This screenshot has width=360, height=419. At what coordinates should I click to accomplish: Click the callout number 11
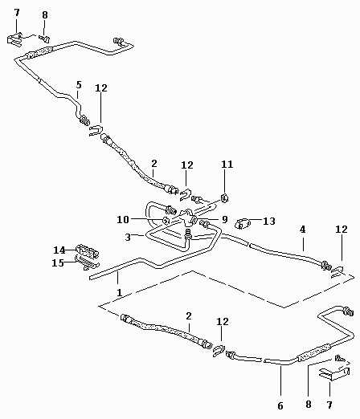227,164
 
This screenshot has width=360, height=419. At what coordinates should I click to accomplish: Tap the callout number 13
269,221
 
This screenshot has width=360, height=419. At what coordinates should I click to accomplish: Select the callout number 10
123,220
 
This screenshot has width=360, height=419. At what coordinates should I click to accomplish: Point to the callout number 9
224,219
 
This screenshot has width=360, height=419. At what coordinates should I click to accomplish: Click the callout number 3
128,237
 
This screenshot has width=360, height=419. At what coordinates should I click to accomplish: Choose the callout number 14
59,250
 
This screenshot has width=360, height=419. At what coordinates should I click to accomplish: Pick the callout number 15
58,262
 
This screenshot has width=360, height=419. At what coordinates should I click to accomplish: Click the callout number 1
120,292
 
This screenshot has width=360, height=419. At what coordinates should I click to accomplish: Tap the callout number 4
302,230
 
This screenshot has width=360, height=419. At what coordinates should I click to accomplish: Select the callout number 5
79,85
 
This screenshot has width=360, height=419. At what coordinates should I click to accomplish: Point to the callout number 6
280,406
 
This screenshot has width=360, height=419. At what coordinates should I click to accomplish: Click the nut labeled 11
224,198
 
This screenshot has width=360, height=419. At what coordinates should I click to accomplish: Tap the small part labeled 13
242,224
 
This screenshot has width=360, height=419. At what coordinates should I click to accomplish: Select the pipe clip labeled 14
88,251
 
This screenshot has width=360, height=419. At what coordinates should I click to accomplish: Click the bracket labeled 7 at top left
14,39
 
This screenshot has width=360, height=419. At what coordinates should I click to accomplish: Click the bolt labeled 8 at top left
44,39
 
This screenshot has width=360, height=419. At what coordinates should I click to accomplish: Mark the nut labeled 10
166,221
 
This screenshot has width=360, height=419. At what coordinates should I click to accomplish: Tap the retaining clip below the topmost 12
96,130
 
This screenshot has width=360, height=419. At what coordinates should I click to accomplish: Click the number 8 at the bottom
309,404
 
